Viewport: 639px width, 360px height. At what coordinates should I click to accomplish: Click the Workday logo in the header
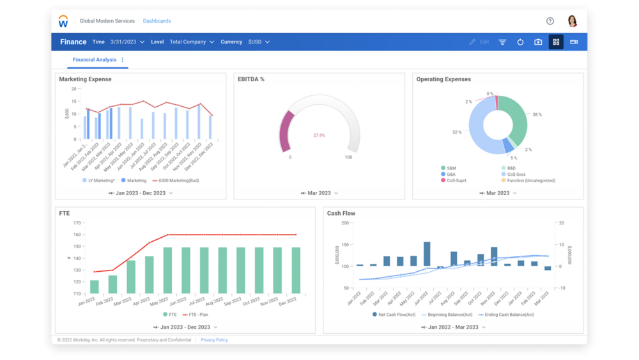pyautogui.click(x=63, y=21)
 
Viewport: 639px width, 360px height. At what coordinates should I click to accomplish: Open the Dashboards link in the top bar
pyautogui.click(x=157, y=21)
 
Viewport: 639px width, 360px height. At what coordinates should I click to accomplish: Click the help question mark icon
pyautogui.click(x=550, y=21)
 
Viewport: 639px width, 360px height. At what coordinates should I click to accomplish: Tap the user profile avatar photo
pyautogui.click(x=572, y=21)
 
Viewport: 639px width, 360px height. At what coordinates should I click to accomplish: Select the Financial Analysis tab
pyautogui.click(x=95, y=59)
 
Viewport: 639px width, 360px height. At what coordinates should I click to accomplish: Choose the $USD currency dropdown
pyautogui.click(x=259, y=42)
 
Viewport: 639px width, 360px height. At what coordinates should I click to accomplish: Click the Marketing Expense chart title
pyautogui.click(x=85, y=79)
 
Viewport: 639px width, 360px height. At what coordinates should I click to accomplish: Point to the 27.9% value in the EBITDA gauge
pyautogui.click(x=319, y=135)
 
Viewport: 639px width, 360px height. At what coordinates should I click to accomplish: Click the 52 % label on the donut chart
pyautogui.click(x=457, y=132)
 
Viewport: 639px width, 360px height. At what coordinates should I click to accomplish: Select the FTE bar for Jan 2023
pyautogui.click(x=95, y=286)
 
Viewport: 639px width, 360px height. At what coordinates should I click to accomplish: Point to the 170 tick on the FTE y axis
pyautogui.click(x=77, y=223)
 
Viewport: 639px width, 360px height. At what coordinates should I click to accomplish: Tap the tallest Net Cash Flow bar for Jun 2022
pyautogui.click(x=427, y=253)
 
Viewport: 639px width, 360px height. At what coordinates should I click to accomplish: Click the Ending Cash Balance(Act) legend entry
pyautogui.click(x=507, y=315)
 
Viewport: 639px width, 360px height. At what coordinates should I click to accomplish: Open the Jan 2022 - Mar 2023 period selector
pyautogui.click(x=453, y=327)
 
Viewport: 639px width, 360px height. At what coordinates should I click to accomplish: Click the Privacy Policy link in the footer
pyautogui.click(x=214, y=340)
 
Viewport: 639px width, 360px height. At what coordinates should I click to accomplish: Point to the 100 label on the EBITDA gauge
pyautogui.click(x=348, y=157)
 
